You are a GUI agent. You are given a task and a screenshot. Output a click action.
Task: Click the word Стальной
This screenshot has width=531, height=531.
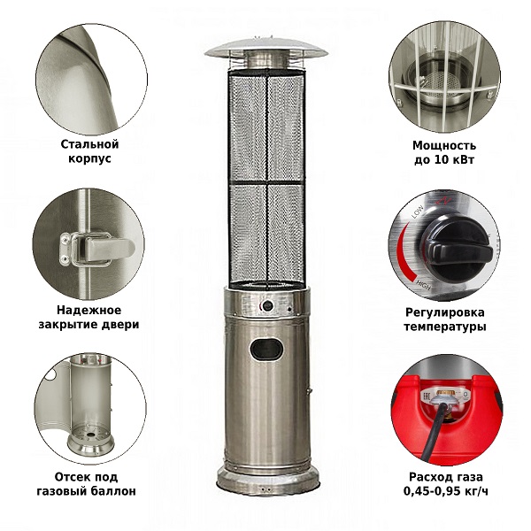click(x=89, y=144)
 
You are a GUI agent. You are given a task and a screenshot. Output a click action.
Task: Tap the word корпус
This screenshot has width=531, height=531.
click(x=89, y=158)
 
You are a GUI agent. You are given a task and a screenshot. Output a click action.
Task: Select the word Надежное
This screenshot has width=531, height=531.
click(x=88, y=310)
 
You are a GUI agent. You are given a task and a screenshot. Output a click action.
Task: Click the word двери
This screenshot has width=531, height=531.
click(x=120, y=325)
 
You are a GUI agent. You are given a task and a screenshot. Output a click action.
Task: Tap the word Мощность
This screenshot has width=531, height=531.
click(x=444, y=146)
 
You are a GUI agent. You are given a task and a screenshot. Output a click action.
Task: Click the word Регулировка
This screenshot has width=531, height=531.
click(x=445, y=312)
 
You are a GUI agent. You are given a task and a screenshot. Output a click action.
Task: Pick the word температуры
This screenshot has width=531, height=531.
click(x=445, y=327)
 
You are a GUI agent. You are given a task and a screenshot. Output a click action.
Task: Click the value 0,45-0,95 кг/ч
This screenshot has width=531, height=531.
click(x=446, y=491)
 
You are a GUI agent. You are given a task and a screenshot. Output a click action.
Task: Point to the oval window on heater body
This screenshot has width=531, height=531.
click(x=266, y=349)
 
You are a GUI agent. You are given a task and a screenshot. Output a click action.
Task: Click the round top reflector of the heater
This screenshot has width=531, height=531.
click(x=266, y=48)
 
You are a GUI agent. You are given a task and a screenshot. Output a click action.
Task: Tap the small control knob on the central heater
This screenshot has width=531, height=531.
click(x=269, y=305)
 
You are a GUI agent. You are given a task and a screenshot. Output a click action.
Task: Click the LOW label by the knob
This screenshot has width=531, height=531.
click(x=417, y=212)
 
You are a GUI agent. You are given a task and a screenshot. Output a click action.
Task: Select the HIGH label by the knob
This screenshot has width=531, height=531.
click(x=423, y=285)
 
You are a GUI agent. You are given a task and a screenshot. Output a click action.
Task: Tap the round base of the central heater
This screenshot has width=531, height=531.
click(x=268, y=480)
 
